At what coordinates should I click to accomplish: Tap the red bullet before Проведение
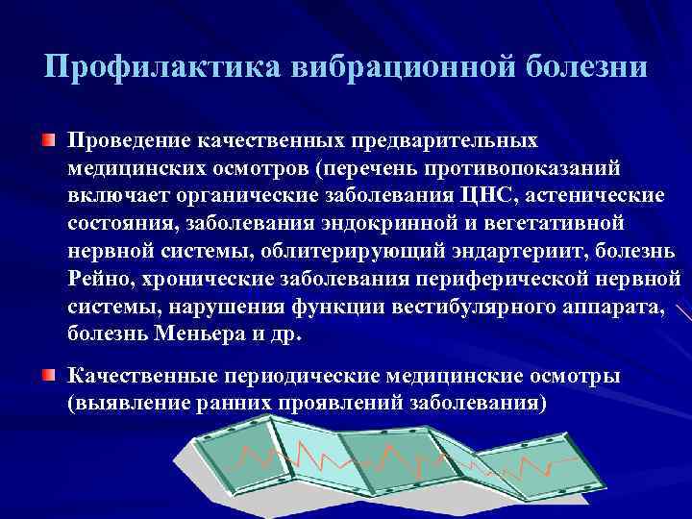pos(47,141)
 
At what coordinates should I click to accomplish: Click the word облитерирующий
pos(350,252)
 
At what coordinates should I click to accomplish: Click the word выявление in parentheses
pos(118,404)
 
